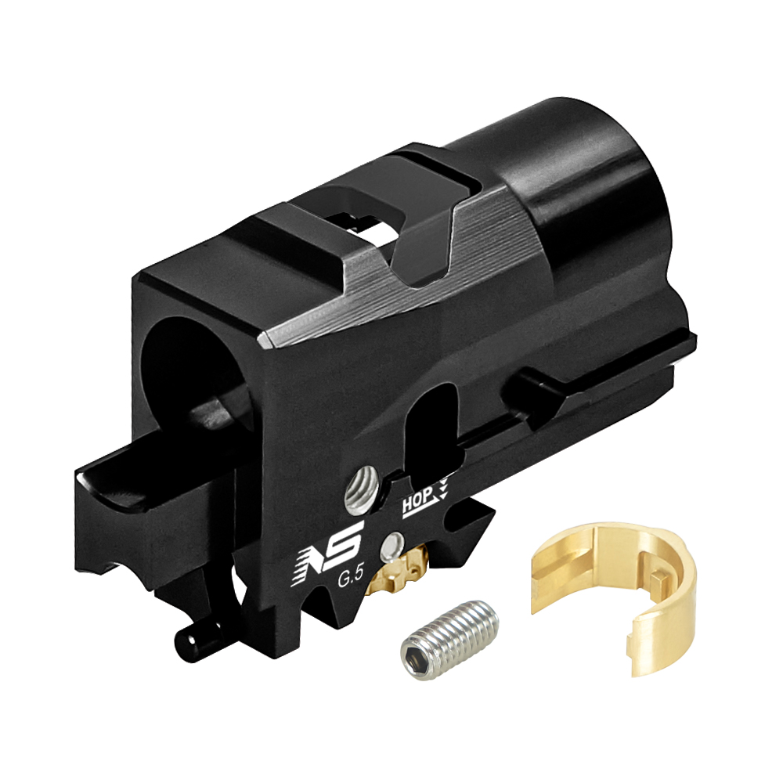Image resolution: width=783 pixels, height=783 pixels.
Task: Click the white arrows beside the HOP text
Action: coord(445,489)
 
